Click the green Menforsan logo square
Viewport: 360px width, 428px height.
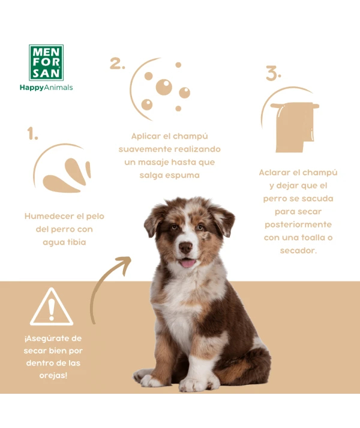pyautogui.click(x=46, y=62)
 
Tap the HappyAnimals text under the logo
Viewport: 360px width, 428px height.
pyautogui.click(x=46, y=88)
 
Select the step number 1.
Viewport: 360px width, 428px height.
pyautogui.click(x=32, y=133)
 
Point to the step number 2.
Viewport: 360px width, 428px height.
pyautogui.click(x=118, y=63)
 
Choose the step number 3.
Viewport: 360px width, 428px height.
pyautogui.click(x=273, y=73)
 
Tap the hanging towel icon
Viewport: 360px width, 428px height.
pyautogui.click(x=295, y=127)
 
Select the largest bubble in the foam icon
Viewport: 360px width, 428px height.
pyautogui.click(x=164, y=88)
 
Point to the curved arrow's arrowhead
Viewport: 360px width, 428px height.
pyautogui.click(x=125, y=264)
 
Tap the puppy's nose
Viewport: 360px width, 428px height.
pyautogui.click(x=185, y=247)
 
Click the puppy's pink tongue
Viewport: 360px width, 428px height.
pyautogui.click(x=188, y=264)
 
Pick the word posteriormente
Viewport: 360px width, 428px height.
pyautogui.click(x=298, y=225)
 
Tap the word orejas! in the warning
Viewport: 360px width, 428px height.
pyautogui.click(x=53, y=376)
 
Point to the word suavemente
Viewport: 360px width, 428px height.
pyautogui.click(x=145, y=149)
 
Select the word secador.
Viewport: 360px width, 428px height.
pyautogui.click(x=298, y=250)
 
